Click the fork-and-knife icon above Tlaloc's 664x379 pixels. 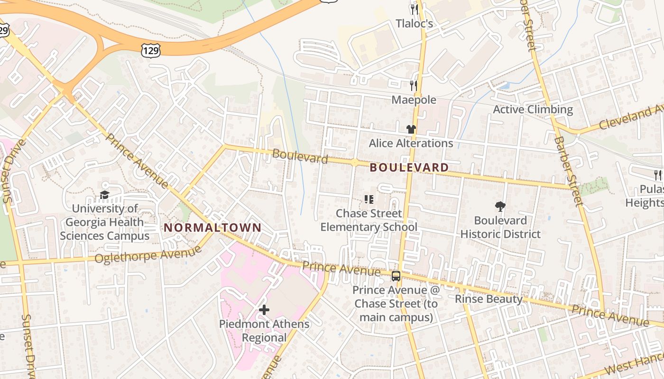coord(415,9)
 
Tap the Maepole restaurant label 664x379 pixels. coord(414,100)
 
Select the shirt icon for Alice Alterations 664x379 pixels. coord(411,129)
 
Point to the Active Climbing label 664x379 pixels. coord(533,109)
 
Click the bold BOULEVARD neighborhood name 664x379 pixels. coord(409,167)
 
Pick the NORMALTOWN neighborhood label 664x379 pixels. coord(212,227)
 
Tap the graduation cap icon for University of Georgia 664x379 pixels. coord(104,195)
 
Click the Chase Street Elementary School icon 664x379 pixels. coord(369,199)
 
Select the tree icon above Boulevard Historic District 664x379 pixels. coord(500,206)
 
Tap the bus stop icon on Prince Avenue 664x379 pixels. coord(396,276)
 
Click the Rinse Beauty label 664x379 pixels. coord(488,299)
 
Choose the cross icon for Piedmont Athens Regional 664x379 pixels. coord(264,310)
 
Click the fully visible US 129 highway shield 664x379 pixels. coord(150,50)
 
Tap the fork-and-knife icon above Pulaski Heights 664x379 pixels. coord(658,175)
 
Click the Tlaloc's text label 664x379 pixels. coord(415,23)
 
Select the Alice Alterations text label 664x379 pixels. coord(411,143)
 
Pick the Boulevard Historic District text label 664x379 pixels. coord(500,227)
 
